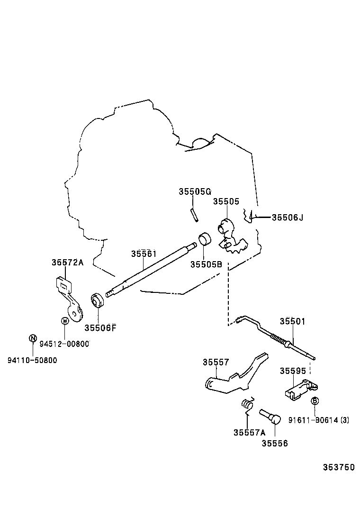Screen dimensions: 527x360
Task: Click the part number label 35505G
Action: [194, 191]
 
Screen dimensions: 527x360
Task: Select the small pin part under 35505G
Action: [194, 215]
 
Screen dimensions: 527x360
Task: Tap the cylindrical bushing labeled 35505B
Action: [204, 240]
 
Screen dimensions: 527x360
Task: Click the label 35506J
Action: [287, 218]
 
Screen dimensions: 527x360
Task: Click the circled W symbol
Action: [65, 321]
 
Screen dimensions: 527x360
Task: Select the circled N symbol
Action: [33, 338]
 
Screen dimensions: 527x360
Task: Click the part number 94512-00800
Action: [64, 344]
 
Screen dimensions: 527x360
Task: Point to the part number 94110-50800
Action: [32, 360]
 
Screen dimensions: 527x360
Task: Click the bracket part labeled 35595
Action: [300, 390]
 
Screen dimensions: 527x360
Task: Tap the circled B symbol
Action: [315, 401]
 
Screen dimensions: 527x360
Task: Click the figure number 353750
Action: [338, 467]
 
